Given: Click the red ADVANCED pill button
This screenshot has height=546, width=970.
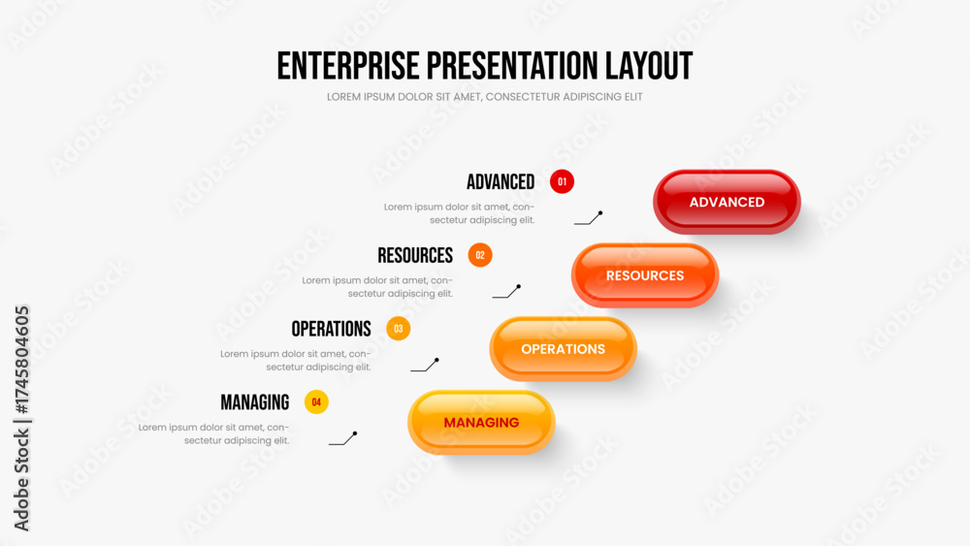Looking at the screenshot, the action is [727, 202].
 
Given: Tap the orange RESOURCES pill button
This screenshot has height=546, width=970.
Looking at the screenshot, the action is [645, 275].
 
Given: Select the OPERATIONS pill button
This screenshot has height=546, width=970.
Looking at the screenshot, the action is [563, 349].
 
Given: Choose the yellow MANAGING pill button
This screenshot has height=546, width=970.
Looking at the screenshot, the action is [481, 422].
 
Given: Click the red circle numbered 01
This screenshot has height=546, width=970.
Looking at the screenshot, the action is [562, 181].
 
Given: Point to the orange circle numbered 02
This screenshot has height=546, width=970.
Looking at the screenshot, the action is [480, 255].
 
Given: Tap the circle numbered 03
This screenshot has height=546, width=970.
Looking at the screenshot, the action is [399, 329].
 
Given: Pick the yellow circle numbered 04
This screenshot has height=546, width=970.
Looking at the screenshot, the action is [316, 401].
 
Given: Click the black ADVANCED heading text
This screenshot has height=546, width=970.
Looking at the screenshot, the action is [501, 181].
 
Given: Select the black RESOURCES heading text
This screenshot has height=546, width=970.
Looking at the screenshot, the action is [415, 255].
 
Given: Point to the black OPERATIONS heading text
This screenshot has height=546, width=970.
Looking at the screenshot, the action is [331, 329].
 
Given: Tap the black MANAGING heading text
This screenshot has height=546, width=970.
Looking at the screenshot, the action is [255, 402].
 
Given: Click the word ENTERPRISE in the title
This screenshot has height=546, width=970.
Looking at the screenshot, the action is [348, 66].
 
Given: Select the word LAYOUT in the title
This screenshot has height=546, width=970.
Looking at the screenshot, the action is [649, 66].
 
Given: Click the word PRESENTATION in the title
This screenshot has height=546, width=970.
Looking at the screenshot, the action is [512, 66].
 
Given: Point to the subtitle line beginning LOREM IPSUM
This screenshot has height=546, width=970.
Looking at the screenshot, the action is [484, 97].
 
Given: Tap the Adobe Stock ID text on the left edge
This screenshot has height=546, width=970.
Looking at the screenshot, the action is [21, 419].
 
